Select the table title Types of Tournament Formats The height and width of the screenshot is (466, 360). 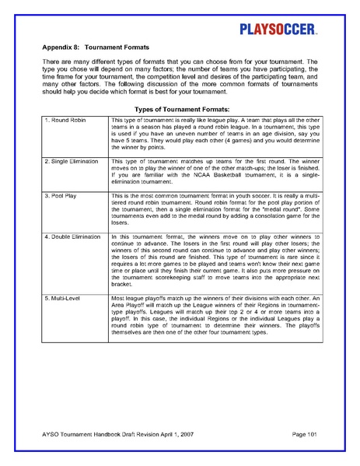[x=181, y=110]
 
